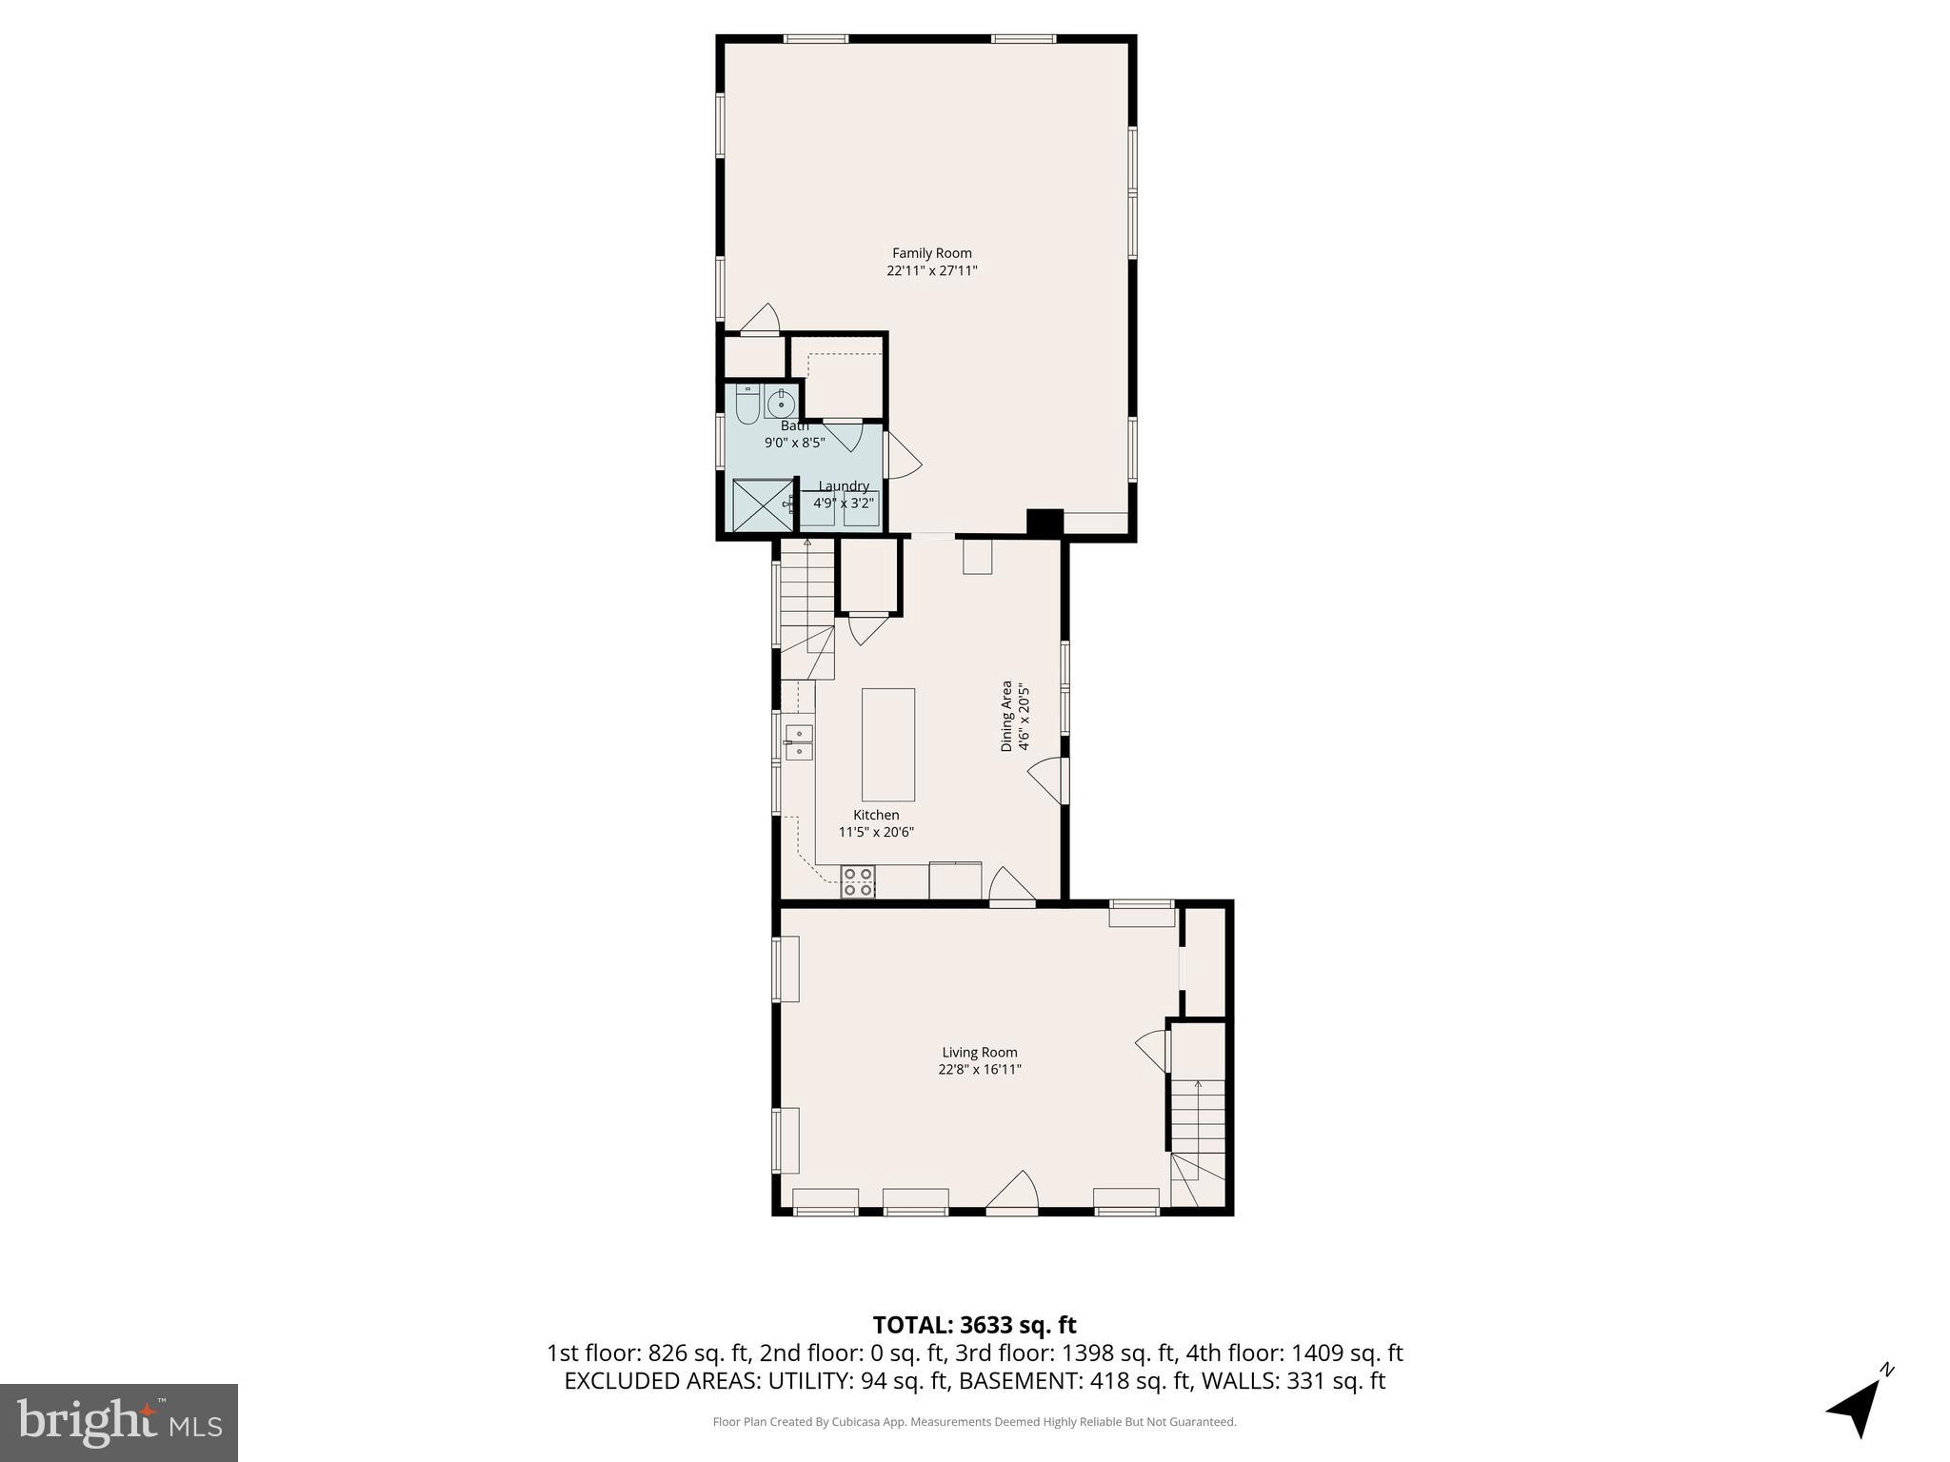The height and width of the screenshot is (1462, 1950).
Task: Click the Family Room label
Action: click(931, 253)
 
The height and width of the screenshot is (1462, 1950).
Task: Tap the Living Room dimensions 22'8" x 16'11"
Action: click(979, 1069)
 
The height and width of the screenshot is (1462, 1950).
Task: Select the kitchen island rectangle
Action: click(887, 744)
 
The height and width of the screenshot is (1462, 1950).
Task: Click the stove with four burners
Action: click(858, 882)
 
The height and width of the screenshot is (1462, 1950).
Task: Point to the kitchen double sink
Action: click(799, 742)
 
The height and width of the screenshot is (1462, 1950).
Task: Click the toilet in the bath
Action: click(747, 406)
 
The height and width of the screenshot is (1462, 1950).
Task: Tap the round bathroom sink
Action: click(781, 404)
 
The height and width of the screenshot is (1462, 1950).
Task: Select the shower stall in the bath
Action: click(762, 504)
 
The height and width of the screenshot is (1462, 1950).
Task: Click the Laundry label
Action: click(843, 486)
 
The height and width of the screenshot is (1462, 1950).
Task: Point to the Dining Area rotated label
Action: click(1005, 716)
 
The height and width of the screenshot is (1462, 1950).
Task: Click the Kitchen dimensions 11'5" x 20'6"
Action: click(876, 832)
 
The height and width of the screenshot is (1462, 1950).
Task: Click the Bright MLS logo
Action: click(119, 1422)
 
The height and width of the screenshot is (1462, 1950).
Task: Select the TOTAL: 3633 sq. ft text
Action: click(974, 1325)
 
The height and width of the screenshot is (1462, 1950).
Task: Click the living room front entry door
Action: click(1012, 1194)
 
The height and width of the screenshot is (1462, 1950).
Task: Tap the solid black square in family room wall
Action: click(1045, 523)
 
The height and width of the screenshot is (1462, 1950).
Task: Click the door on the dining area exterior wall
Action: click(1050, 780)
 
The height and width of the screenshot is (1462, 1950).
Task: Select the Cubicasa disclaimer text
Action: click(974, 1422)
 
